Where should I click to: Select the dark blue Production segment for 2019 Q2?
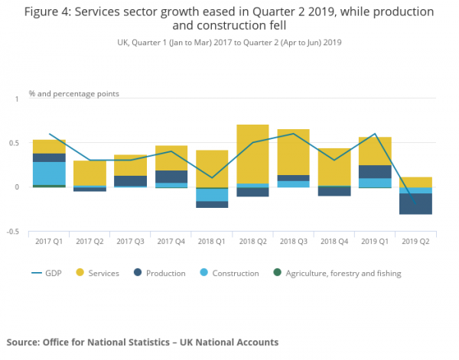click(415, 204)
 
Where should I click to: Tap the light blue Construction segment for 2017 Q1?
click(49, 173)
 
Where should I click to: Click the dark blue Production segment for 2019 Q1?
click(374, 171)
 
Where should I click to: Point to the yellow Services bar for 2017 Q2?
click(90, 173)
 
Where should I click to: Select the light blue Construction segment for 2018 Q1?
click(211, 195)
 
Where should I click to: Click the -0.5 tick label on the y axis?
click(17, 231)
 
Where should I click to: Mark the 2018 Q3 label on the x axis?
click(293, 241)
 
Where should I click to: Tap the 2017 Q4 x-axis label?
click(171, 241)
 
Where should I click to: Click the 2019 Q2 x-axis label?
click(415, 241)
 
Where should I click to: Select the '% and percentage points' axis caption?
click(73, 93)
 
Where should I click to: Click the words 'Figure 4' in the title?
click(48, 13)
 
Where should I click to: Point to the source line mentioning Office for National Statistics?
click(142, 342)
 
